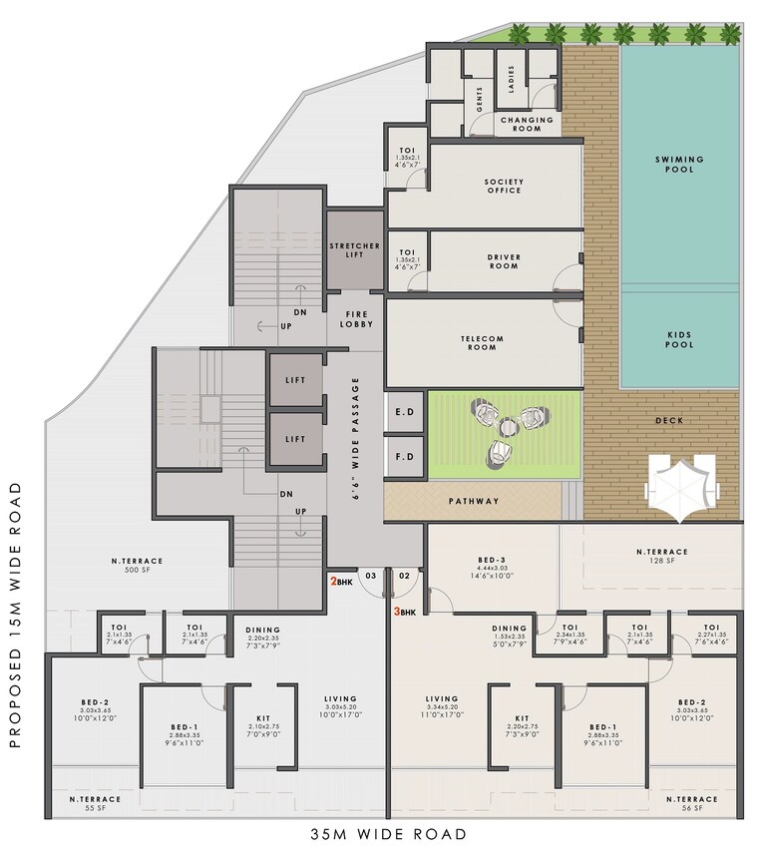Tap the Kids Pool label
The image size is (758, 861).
[x=679, y=338]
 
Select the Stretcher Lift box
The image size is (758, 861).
[x=354, y=249]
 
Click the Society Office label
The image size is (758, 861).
[x=504, y=186]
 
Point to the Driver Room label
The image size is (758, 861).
[x=504, y=262]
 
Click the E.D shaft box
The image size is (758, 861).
[x=404, y=411]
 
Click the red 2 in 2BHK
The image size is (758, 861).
[x=334, y=581]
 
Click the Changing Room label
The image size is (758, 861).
[x=527, y=124]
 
